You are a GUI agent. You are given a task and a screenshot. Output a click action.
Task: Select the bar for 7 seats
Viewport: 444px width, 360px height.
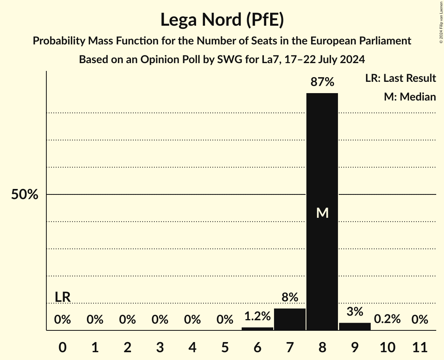[290, 319]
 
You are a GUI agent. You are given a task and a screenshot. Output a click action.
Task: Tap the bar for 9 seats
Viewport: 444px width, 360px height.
[355, 326]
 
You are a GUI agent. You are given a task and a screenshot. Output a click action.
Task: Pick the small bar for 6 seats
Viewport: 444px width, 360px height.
[257, 329]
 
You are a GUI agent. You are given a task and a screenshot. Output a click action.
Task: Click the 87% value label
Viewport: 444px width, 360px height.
[322, 82]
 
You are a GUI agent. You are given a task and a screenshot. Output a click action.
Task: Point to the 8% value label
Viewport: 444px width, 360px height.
[290, 298]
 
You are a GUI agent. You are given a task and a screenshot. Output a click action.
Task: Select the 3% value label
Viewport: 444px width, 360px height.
[355, 312]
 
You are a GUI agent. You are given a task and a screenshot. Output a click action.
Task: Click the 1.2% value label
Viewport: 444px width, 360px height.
[257, 316]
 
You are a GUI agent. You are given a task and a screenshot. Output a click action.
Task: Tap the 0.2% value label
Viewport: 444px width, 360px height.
[387, 319]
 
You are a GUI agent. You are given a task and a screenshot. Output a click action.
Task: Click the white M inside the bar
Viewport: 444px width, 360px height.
[322, 213]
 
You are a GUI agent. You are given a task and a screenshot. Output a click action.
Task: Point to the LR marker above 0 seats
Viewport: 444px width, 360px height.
[62, 297]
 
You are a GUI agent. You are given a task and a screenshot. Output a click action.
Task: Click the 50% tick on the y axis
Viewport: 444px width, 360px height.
[25, 194]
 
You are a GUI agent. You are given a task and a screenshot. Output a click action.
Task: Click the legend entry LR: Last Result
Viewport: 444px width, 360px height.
[400, 78]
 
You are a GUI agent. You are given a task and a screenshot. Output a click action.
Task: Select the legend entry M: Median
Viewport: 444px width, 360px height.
[410, 97]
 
